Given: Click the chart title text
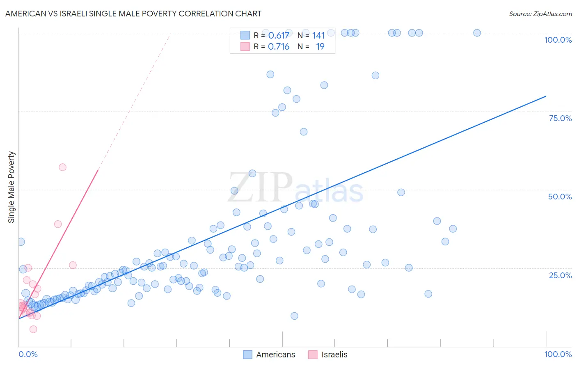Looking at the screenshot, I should pos(133,14).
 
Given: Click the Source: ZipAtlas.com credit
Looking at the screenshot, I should pos(540,14).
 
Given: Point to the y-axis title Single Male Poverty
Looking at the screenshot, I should pos(11,187).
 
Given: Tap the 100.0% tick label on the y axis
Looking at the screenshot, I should pos(558,40).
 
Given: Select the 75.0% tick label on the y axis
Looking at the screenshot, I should pos(560,118).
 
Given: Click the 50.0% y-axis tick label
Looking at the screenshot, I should pos(560,197).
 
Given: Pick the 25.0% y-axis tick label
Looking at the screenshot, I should pos(560,275).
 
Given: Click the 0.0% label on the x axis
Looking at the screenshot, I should pos(28,354).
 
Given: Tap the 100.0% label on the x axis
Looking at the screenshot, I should pos(558,354).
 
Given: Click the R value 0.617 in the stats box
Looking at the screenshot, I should pos(279,36).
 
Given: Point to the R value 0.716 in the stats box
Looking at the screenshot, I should pos(279,47).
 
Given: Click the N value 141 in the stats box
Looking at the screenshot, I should pos(318,36).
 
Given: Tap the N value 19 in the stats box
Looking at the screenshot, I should pos(320,47).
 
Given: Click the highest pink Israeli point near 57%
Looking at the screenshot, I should pos(62,167).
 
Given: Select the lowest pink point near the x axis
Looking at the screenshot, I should pos(33,329).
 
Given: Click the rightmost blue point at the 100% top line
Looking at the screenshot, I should pos(477,33).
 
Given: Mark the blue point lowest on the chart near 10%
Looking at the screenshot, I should pos(294,316).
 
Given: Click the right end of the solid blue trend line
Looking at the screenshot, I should pos(546,96).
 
